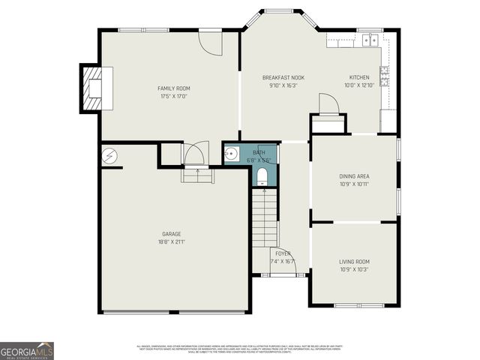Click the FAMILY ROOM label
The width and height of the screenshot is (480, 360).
coord(173,88)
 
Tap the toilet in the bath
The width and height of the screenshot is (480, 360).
coord(262,177)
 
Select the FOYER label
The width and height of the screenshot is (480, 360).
coord(283,253)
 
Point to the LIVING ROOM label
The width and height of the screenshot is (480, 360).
coord(354,262)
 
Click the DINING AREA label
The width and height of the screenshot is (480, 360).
coord(354,176)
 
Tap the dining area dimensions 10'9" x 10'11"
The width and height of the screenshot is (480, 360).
coord(354,184)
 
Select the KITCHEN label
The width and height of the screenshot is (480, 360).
coord(359,77)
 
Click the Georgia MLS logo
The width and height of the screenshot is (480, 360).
coord(27,351)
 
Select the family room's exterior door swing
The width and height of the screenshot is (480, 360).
coord(211,43)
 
